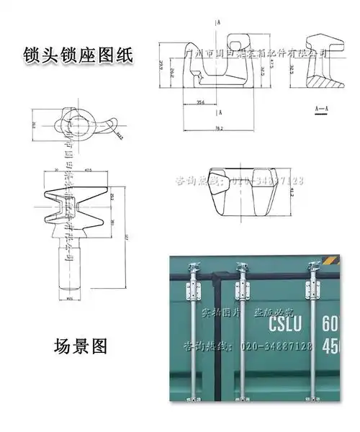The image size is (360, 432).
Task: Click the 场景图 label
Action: (81, 346)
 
